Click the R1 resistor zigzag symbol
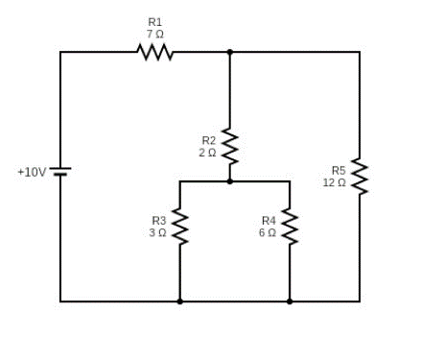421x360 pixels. pyautogui.click(x=155, y=52)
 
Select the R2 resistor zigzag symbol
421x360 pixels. pyautogui.click(x=229, y=146)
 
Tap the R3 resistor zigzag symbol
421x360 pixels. pyautogui.click(x=179, y=227)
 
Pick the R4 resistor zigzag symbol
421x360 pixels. pyautogui.click(x=290, y=227)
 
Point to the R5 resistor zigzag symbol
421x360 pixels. pyautogui.click(x=360, y=176)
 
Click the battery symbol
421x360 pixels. pyautogui.click(x=60, y=172)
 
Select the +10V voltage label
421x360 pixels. pyautogui.click(x=32, y=173)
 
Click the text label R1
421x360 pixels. pyautogui.click(x=155, y=22)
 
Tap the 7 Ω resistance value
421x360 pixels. pyautogui.click(x=155, y=34)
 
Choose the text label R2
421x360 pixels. pyautogui.click(x=209, y=140)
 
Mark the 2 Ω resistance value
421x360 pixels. pyautogui.click(x=207, y=153)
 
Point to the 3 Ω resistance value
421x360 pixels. pyautogui.click(x=157, y=233)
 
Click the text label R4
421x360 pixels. pyautogui.click(x=269, y=221)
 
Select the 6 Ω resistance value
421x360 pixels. pyautogui.click(x=268, y=233)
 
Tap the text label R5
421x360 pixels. pyautogui.click(x=339, y=170)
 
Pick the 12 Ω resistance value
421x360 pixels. pyautogui.click(x=335, y=182)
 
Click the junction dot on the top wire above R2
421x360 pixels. pyautogui.click(x=229, y=52)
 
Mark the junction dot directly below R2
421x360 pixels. pyautogui.click(x=229, y=181)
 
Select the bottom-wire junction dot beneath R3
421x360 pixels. pyautogui.click(x=179, y=301)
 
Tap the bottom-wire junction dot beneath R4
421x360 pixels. pyautogui.click(x=290, y=301)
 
